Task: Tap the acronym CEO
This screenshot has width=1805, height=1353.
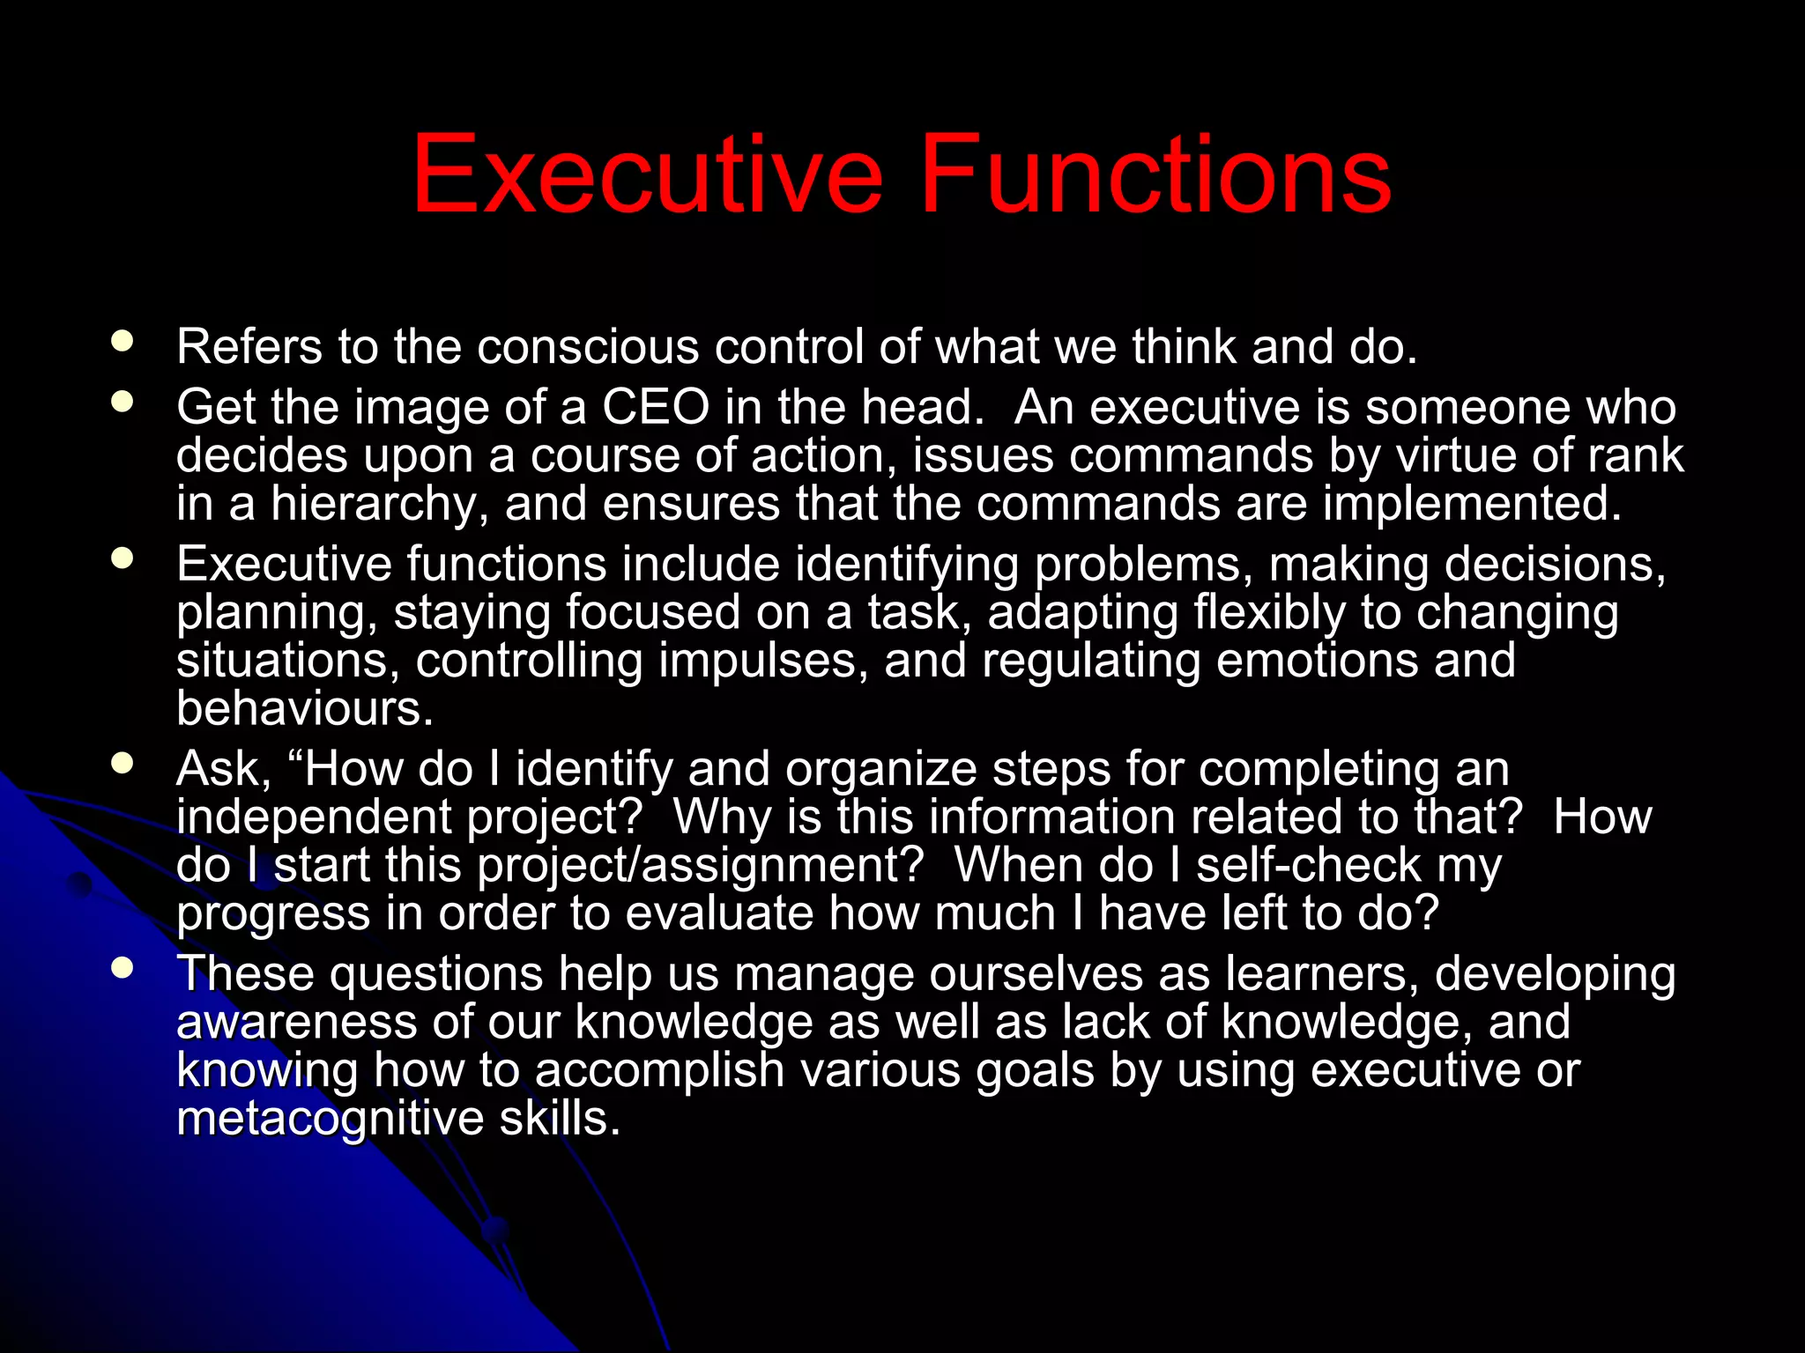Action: [656, 407]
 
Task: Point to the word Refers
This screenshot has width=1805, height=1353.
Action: [249, 346]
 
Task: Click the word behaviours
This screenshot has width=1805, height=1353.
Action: [304, 708]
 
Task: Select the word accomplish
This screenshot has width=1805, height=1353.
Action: [659, 1070]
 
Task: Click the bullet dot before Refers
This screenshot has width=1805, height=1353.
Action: [123, 342]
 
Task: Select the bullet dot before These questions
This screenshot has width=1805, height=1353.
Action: [123, 969]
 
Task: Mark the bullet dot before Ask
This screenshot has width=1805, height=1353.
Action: [123, 764]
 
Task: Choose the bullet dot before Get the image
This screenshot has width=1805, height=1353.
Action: [123, 403]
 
